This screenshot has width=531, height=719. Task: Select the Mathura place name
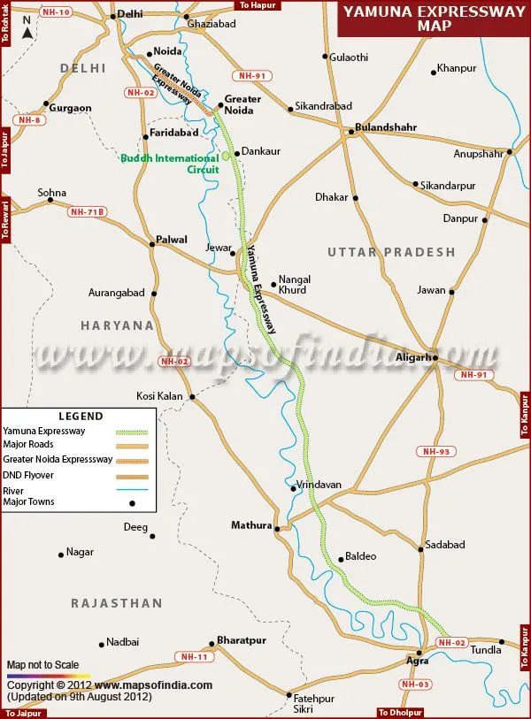click(251, 525)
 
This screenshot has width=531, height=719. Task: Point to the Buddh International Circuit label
click(170, 164)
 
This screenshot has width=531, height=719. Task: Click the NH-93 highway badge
click(437, 452)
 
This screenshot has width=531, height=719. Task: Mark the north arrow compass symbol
click(28, 34)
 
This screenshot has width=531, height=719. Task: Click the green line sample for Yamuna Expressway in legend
click(136, 431)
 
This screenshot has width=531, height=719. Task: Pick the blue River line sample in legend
click(136, 489)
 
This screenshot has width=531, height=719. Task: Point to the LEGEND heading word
click(81, 416)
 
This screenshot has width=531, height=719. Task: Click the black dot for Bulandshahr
click(351, 132)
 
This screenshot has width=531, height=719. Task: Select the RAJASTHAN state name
click(117, 603)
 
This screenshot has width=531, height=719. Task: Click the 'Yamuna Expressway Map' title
click(434, 18)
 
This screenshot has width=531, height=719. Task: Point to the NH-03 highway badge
click(415, 684)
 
